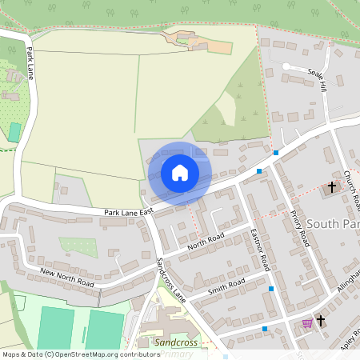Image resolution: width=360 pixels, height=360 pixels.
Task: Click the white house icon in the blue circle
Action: tap(180, 172)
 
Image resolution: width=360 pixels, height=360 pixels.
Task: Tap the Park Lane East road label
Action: tap(127, 212)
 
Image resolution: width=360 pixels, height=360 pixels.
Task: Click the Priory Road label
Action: tap(300, 227)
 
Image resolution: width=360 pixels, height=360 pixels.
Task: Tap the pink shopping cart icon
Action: tap(307, 323)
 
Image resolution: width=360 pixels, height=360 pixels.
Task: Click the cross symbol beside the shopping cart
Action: tap(322, 321)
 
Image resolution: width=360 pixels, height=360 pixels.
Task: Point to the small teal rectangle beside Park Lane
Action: tap(14, 133)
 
